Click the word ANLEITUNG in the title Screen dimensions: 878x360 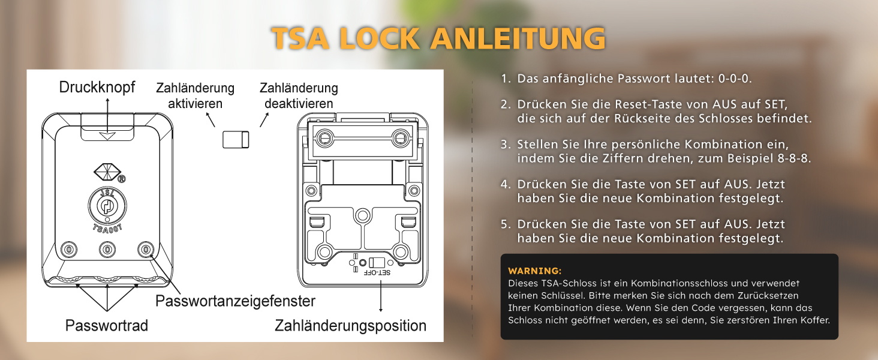click(518, 38)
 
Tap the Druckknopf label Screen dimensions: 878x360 click(97, 87)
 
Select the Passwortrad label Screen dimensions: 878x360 click(107, 325)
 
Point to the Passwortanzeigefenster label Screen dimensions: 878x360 click(235, 301)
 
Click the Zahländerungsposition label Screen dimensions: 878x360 click(350, 325)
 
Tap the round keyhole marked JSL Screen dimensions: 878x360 click(107, 205)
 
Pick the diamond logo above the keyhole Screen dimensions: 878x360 click(107, 172)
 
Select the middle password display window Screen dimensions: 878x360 click(107, 250)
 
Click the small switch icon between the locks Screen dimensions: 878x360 click(236, 140)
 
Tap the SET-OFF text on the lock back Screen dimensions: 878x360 click(377, 272)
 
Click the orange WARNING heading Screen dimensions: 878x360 click(534, 271)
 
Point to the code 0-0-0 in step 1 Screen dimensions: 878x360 click(735, 79)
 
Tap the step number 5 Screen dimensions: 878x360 click(505, 224)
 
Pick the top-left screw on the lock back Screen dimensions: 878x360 click(324, 138)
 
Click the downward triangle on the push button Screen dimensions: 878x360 click(107, 136)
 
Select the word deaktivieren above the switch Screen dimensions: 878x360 click(299, 104)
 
